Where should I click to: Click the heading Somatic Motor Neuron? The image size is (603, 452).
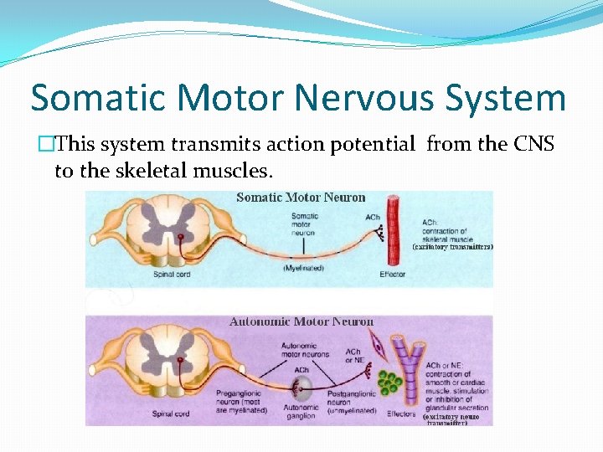point(301,198)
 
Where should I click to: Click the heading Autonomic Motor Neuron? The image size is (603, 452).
point(301,321)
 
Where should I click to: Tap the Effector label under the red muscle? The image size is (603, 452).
point(392,274)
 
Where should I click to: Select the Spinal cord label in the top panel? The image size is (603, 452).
point(172,274)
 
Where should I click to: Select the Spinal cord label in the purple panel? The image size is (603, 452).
point(172,413)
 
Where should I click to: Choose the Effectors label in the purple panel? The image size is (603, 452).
point(401,413)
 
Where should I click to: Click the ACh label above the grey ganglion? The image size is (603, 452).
point(301,370)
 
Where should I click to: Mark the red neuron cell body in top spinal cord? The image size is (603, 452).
point(181,238)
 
